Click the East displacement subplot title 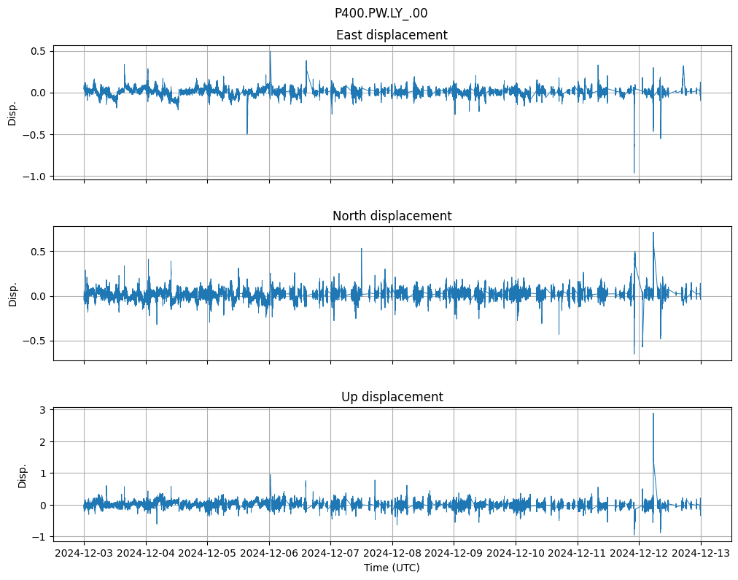pyautogui.click(x=392, y=35)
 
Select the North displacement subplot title pyautogui.click(x=392, y=216)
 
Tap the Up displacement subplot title pyautogui.click(x=392, y=397)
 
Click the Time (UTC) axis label pyautogui.click(x=392, y=568)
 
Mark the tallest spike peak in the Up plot pyautogui.click(x=653, y=414)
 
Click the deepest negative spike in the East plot pyautogui.click(x=634, y=173)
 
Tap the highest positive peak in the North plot pyautogui.click(x=653, y=233)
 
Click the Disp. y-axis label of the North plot pyautogui.click(x=12, y=293)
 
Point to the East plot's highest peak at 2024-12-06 pyautogui.click(x=270, y=51)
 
